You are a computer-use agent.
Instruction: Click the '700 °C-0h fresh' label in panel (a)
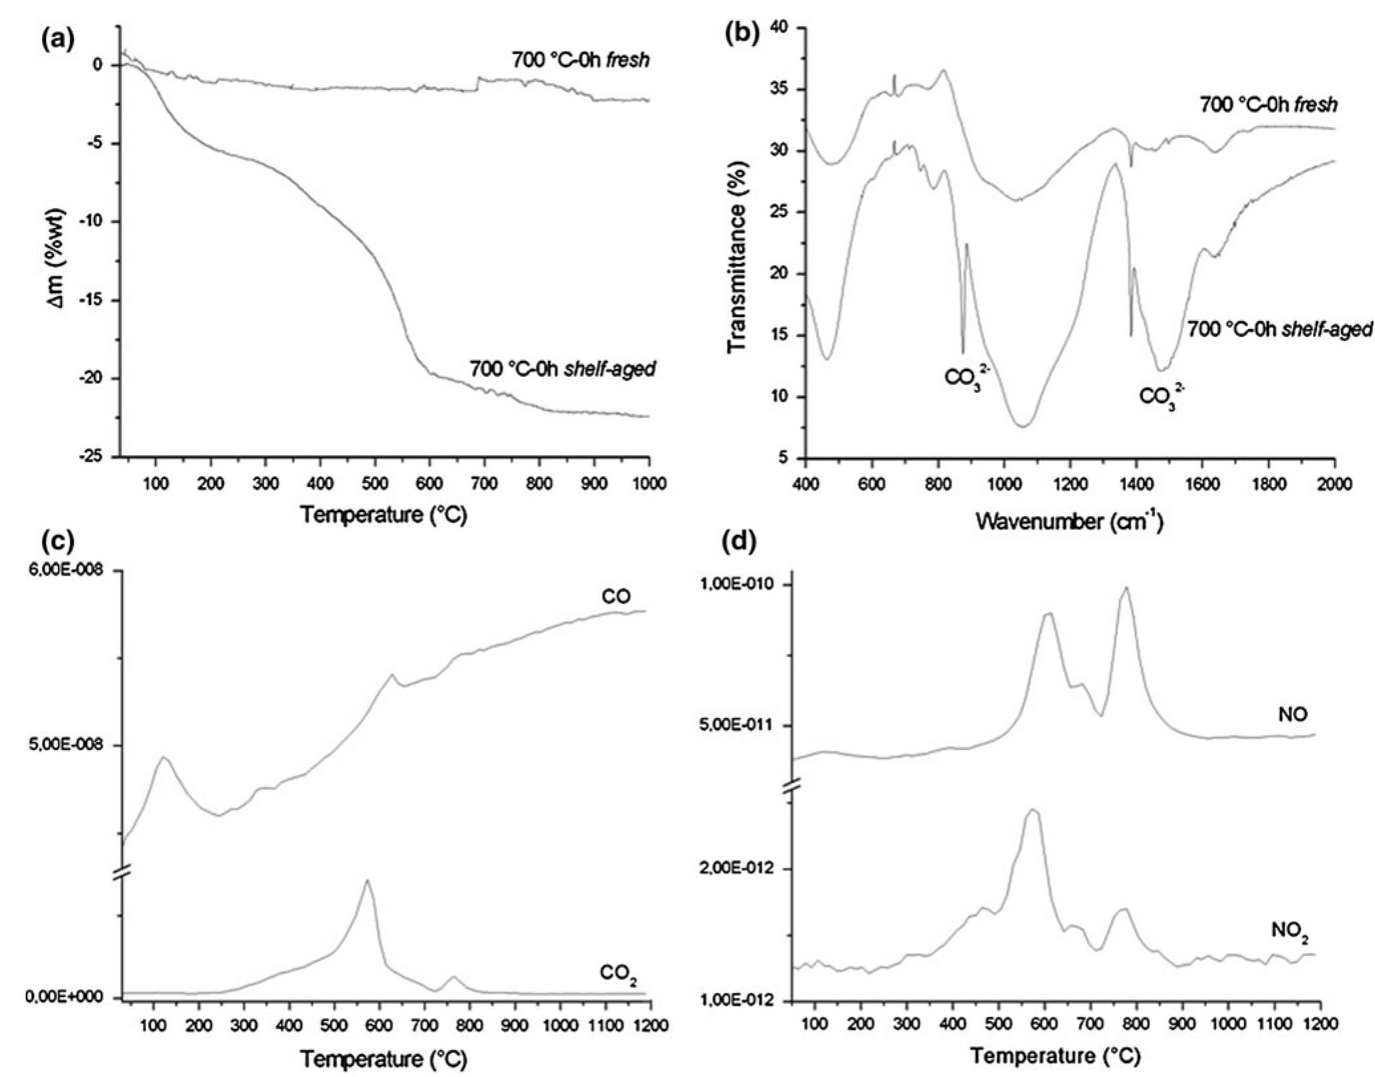(x=580, y=60)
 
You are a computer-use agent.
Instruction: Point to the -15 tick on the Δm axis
(x=94, y=300)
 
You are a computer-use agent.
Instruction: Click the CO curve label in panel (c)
(x=616, y=597)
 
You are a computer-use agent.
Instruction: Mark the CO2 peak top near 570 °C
(x=367, y=880)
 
